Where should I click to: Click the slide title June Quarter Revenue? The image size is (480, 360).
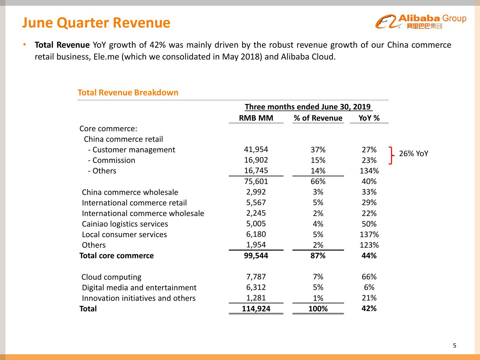click(96, 23)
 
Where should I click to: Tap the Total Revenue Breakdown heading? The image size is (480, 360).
click(128, 92)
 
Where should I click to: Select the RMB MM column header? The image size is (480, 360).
click(256, 118)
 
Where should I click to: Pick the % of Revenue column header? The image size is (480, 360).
click(318, 118)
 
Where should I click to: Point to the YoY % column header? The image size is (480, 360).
click(369, 118)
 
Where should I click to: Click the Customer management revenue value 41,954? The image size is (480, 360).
click(256, 149)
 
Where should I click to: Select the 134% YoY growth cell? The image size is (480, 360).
click(369, 171)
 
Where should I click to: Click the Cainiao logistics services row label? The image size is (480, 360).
click(125, 224)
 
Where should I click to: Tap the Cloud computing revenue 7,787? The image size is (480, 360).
click(256, 277)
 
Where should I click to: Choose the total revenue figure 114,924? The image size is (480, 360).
click(256, 309)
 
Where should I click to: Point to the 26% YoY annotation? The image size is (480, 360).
click(413, 154)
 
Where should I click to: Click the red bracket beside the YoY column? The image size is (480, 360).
click(391, 155)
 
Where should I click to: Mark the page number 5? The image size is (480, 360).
click(455, 346)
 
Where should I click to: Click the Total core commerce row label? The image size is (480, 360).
click(116, 256)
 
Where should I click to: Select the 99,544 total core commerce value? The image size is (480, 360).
click(256, 256)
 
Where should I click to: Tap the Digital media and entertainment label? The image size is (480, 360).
click(139, 288)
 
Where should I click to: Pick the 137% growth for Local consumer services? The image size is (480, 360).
click(369, 235)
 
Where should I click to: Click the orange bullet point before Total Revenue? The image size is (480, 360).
click(24, 44)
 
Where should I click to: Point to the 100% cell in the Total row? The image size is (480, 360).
click(318, 309)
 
